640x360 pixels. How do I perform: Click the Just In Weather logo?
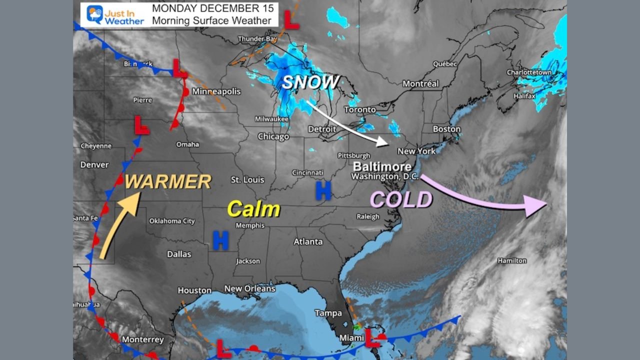coord(115,15)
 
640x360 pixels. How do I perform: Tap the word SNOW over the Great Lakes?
coord(310,82)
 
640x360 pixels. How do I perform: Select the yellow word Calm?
coord(253,209)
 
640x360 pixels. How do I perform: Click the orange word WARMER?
coord(168,182)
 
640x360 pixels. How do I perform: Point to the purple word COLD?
coord(401,200)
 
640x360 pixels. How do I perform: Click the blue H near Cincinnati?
coord(323,190)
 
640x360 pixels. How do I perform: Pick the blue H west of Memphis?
coord(220,240)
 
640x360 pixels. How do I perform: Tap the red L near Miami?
coord(371,338)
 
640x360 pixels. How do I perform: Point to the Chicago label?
coord(273,136)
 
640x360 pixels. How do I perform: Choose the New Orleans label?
coord(249,288)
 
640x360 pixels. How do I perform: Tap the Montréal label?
coord(420,83)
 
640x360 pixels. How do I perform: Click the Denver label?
coord(94,164)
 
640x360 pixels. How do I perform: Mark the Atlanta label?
coord(308,241)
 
